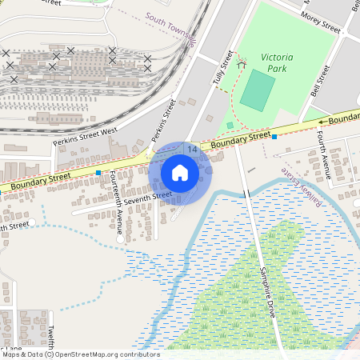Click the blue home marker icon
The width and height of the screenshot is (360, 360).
pos(180,172)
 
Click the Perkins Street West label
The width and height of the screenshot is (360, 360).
pos(86,136)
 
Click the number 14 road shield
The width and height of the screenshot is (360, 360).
pos(192,149)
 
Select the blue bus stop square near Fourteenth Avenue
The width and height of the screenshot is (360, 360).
pos(98,173)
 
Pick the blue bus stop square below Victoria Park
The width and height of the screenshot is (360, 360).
pos(274,137)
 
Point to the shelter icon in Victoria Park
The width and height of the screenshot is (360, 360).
pos(230,125)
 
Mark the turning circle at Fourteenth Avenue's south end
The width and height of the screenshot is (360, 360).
pos(121,238)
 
